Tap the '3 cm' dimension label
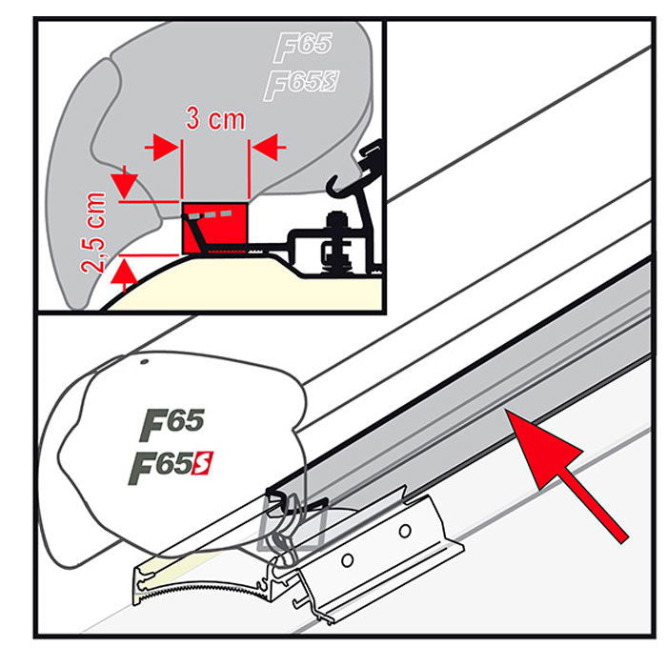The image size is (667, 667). point(214,121)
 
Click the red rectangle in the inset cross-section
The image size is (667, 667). point(214,227)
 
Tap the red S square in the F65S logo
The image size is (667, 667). point(204,464)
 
